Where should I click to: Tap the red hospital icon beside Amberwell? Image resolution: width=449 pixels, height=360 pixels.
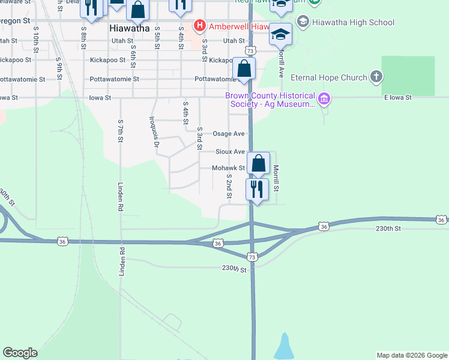click(x=199, y=26)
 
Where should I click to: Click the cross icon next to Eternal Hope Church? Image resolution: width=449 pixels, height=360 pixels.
click(x=376, y=77)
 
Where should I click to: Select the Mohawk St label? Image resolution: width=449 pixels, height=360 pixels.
click(x=228, y=169)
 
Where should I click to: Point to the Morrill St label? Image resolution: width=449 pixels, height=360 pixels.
click(x=277, y=179)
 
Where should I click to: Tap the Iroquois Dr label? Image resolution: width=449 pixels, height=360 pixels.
click(x=155, y=131)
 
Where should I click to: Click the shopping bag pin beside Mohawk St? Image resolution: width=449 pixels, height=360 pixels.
click(x=258, y=163)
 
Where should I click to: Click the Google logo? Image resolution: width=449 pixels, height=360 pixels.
click(x=20, y=353)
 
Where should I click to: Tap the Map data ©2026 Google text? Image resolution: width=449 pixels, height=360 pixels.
click(x=411, y=355)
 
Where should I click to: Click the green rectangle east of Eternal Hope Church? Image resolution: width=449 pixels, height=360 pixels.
click(x=408, y=76)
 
